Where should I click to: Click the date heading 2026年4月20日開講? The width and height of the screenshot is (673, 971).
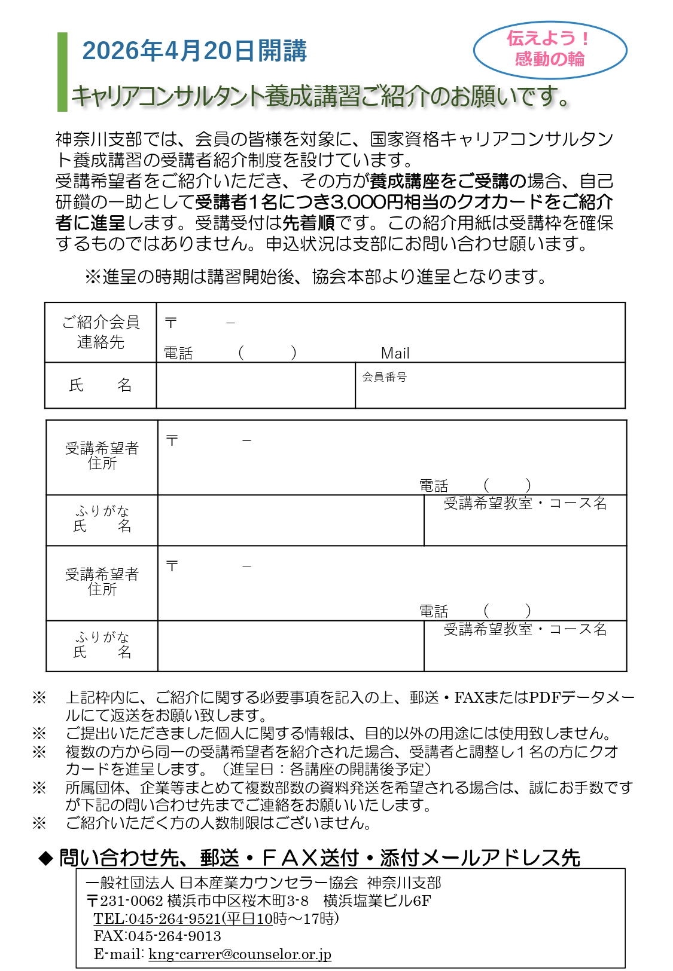click(194, 51)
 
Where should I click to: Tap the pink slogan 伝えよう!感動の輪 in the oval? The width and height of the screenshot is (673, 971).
click(549, 49)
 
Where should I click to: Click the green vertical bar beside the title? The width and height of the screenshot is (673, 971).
click(62, 72)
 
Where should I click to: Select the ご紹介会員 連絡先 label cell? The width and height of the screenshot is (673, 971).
click(101, 332)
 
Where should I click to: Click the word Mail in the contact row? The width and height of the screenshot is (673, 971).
click(395, 353)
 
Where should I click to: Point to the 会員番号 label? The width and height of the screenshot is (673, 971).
click(384, 377)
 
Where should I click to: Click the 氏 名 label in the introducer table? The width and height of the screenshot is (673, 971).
click(101, 385)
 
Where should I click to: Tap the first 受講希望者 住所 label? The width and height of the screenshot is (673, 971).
click(102, 455)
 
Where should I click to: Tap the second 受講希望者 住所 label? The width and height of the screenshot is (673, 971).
click(102, 581)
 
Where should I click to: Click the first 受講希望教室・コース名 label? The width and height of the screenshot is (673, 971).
click(525, 503)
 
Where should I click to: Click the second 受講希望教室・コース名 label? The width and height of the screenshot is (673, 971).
click(525, 629)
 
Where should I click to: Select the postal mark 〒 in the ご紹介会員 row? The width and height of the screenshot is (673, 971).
click(171, 323)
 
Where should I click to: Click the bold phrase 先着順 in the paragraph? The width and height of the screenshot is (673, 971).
click(308, 223)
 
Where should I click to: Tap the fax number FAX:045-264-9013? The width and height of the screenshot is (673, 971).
click(157, 936)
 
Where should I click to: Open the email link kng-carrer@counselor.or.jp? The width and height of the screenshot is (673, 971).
click(240, 954)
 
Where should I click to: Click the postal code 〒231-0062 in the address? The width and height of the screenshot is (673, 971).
click(125, 900)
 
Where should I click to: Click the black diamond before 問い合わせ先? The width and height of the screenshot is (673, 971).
click(45, 859)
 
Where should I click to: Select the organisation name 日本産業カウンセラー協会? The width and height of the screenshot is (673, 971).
click(269, 883)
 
